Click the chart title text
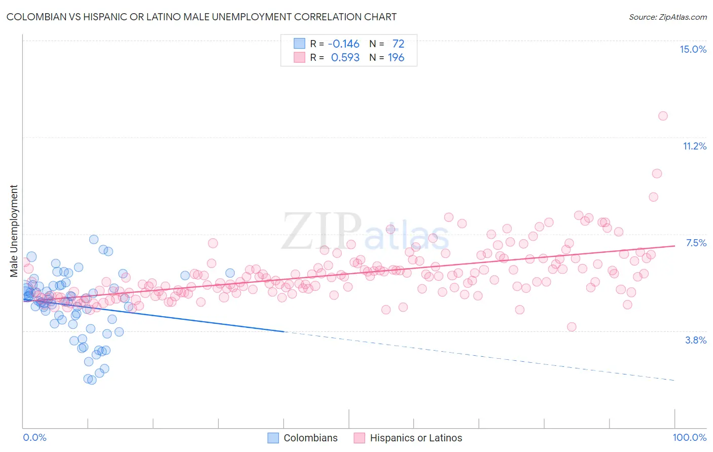pyautogui.click(x=201, y=17)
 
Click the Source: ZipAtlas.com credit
pyautogui.click(x=667, y=17)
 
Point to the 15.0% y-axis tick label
pyautogui.click(x=693, y=49)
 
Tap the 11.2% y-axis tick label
pyautogui.click(x=694, y=146)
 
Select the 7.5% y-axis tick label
pyautogui.click(x=696, y=243)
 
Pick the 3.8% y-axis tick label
pyautogui.click(x=696, y=340)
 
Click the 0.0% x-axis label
pyautogui.click(x=34, y=437)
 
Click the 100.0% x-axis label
pyautogui.click(x=689, y=437)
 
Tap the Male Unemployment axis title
pyautogui.click(x=14, y=231)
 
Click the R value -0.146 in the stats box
pyautogui.click(x=343, y=44)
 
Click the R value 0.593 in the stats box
pyautogui.click(x=345, y=57)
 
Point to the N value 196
pyautogui.click(x=396, y=57)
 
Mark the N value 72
pyautogui.click(x=398, y=44)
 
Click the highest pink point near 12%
pyautogui.click(x=662, y=116)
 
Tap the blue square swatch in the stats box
pyautogui.click(x=299, y=44)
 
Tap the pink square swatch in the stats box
pyautogui.click(x=299, y=57)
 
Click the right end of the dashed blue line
pyautogui.click(x=674, y=380)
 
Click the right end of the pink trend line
pyautogui.click(x=674, y=246)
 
